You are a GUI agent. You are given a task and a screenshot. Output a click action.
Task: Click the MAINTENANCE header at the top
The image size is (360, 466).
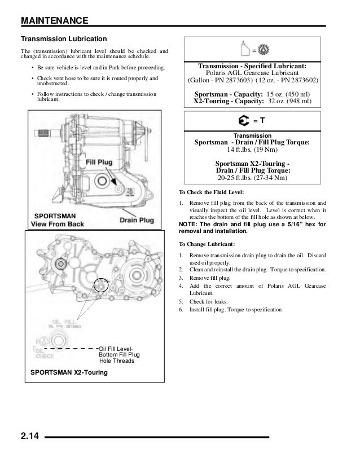[x=54, y=21]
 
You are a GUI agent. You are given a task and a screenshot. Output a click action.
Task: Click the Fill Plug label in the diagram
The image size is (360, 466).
[x=99, y=162]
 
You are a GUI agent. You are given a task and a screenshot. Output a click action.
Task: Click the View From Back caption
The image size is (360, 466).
[x=57, y=224]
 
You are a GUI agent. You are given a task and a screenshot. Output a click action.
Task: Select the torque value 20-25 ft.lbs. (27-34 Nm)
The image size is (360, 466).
[x=252, y=178]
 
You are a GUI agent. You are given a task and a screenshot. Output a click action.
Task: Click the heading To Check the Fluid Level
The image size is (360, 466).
[x=210, y=192]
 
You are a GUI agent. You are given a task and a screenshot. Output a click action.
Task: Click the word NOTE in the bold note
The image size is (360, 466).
[x=187, y=224]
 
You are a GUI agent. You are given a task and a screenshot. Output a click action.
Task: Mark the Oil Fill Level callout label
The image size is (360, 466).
[x=116, y=348]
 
